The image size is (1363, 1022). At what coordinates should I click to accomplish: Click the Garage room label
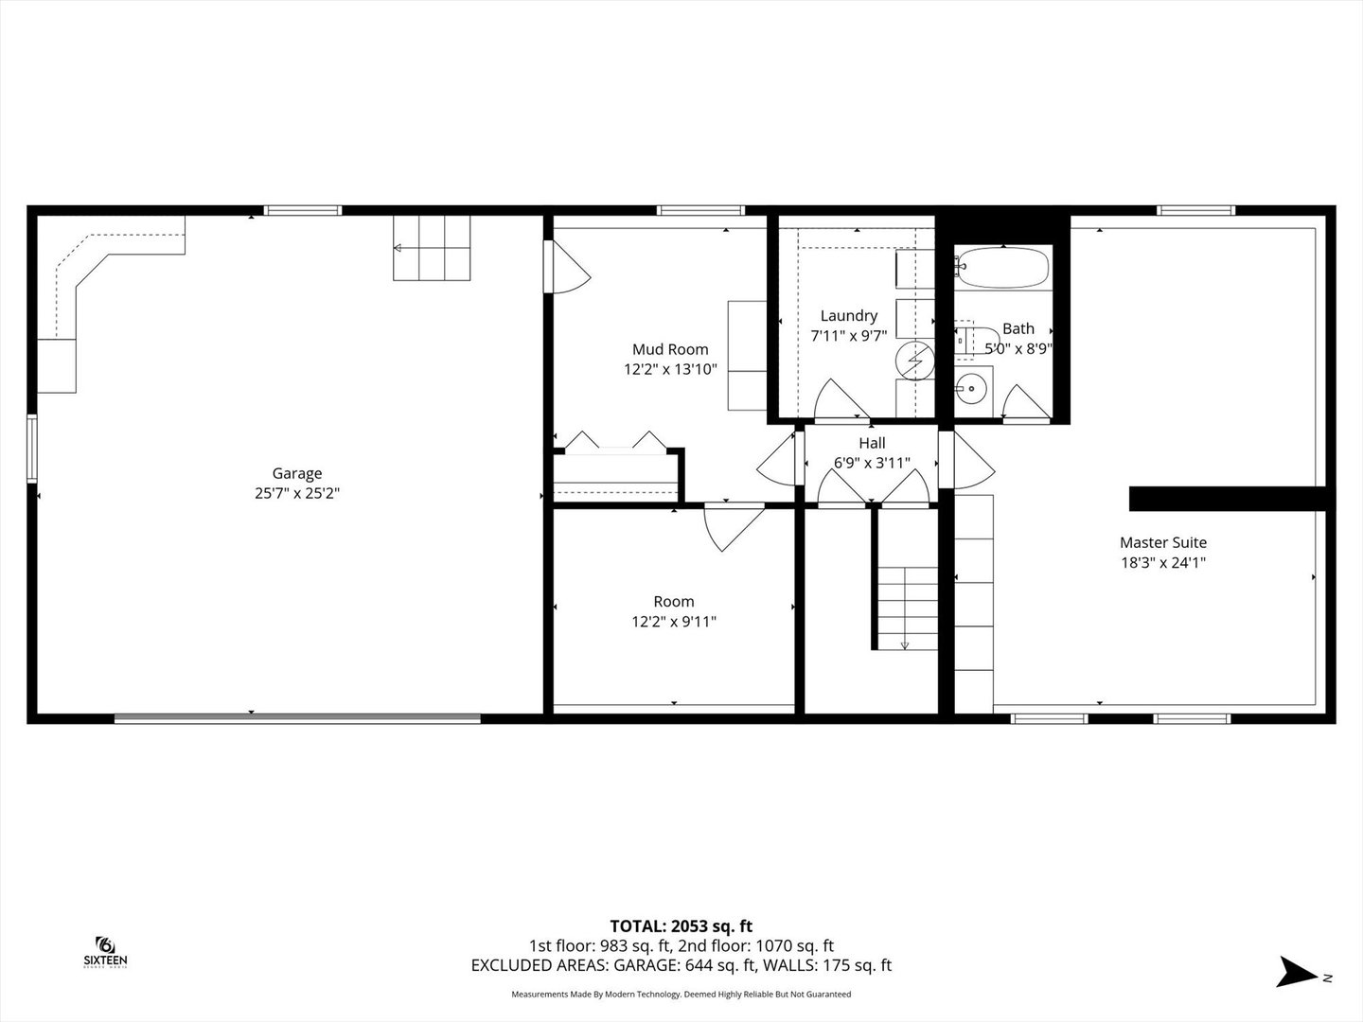pos(297,473)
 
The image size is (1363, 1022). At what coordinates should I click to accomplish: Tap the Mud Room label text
pos(670,349)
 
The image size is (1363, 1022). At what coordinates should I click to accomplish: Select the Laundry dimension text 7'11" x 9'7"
pos(849,336)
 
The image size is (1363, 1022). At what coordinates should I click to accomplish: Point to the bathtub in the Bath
pos(1002,268)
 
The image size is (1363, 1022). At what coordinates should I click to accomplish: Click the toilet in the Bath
pos(968,341)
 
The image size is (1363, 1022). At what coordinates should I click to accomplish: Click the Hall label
pos(872,443)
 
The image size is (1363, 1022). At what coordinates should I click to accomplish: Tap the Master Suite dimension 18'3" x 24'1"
pos(1163,563)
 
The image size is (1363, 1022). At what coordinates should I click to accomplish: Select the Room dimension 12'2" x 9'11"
pos(674,621)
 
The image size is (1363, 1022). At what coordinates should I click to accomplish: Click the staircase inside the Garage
pos(432,248)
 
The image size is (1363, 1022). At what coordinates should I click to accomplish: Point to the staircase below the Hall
pos(907,608)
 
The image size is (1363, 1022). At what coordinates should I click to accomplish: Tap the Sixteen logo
pos(106,953)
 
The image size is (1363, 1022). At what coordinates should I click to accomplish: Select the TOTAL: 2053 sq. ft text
pos(681,926)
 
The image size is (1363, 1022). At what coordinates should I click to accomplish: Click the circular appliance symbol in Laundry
pos(914,360)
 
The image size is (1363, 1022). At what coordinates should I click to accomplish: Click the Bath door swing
pos(1026,403)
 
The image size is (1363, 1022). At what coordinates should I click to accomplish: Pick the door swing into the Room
pos(734,529)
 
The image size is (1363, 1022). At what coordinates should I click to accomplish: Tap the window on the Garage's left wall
pos(31,448)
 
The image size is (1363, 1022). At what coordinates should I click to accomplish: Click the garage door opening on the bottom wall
pos(297,718)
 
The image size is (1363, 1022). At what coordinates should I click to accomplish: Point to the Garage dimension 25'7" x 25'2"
pos(297,494)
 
